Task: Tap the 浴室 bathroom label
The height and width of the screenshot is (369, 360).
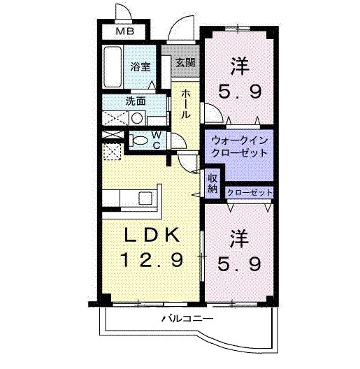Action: click(141, 67)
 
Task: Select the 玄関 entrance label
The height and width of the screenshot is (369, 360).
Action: click(185, 63)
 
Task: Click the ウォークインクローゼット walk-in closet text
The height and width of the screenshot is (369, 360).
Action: click(239, 146)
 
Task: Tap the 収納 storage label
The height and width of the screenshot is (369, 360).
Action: click(213, 182)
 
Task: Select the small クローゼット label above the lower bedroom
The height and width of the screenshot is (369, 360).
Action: click(249, 191)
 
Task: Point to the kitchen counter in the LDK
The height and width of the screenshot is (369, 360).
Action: click(133, 197)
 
